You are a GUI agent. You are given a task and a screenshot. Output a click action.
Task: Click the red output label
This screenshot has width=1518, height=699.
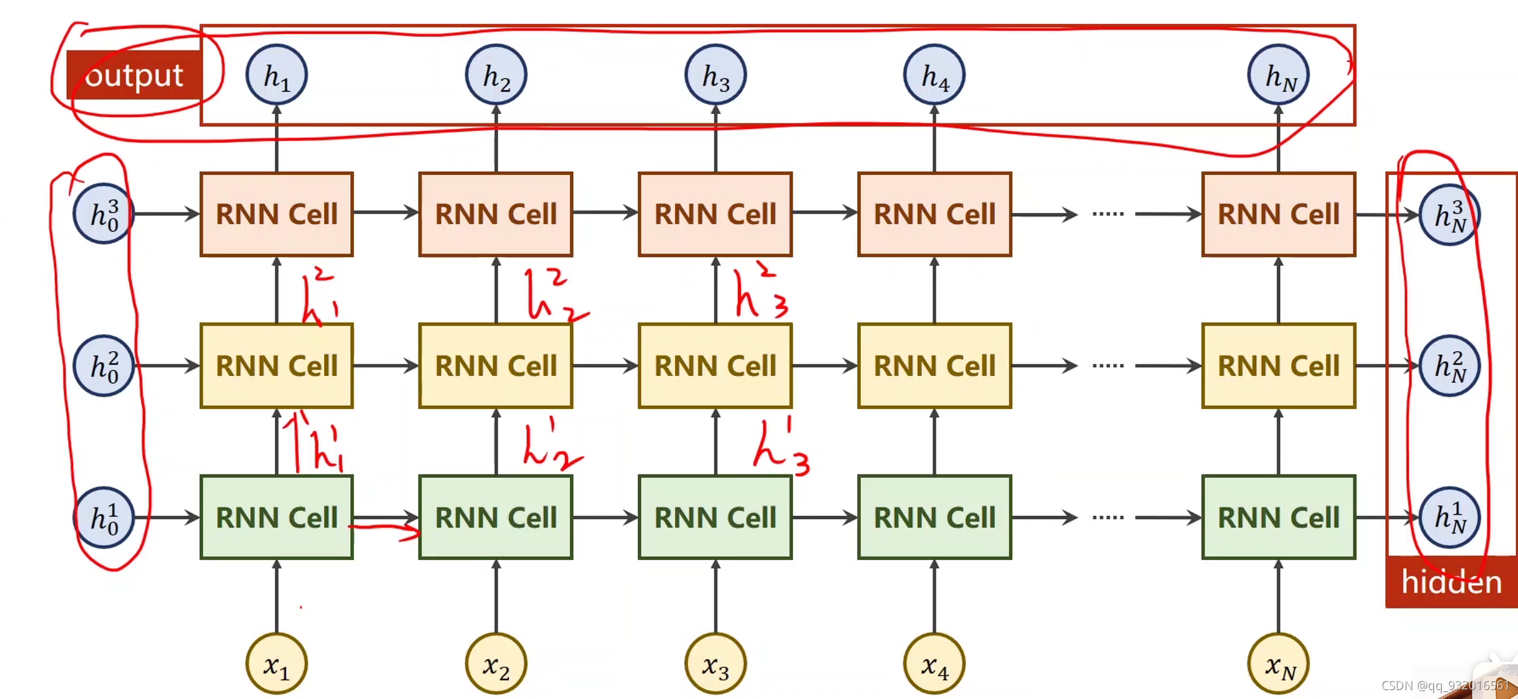(x=134, y=75)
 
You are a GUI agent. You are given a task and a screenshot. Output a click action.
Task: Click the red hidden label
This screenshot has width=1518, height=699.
(x=1451, y=582)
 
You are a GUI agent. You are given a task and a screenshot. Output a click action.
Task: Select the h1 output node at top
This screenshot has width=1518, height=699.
(x=277, y=75)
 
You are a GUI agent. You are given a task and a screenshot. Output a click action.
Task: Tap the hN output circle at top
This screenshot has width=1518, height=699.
(x=1278, y=75)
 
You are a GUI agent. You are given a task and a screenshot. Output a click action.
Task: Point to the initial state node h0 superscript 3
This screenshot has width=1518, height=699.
(x=104, y=214)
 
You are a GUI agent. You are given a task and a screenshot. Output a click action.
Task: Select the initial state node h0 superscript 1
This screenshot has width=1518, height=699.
(x=104, y=517)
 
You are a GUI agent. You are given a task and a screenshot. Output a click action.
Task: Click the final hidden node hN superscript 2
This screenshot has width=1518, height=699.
(x=1449, y=366)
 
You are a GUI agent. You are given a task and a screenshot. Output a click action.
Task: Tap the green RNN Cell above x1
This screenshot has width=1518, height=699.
(x=277, y=517)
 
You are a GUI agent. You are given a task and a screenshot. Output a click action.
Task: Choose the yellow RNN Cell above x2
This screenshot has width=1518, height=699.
(x=496, y=366)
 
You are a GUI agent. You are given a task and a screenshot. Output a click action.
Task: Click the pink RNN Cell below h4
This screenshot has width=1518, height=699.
(x=934, y=214)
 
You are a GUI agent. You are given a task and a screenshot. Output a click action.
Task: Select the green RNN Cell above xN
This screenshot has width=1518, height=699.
(x=1278, y=517)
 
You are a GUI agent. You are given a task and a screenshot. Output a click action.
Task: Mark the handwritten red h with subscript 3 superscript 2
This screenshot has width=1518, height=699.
(x=760, y=293)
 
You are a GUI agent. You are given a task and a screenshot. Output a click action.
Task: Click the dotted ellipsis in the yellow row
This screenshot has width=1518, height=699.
(x=1108, y=366)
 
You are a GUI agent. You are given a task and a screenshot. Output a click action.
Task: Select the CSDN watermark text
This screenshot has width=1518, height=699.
(x=1444, y=686)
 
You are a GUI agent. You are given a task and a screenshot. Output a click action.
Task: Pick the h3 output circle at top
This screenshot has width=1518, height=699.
(x=715, y=75)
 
